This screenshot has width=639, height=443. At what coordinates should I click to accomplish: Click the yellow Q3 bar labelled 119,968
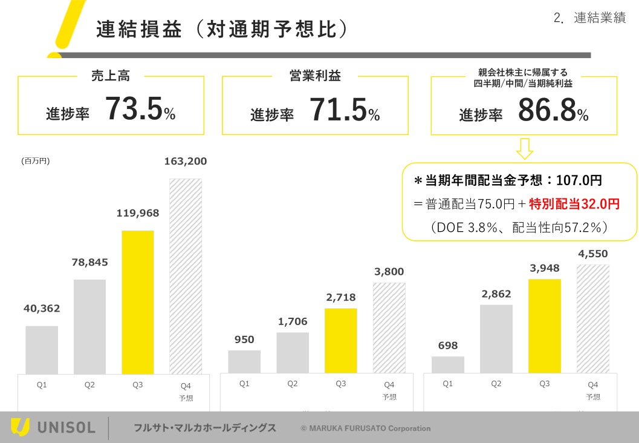[x=138, y=302]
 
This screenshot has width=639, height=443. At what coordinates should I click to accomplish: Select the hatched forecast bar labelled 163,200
[x=186, y=276]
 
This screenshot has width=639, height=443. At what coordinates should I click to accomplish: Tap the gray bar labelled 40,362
[x=42, y=350]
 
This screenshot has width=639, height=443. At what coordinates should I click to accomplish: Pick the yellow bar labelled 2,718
[x=341, y=341]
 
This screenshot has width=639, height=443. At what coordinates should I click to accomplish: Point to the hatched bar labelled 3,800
[x=389, y=327]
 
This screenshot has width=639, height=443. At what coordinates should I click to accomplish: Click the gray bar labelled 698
[x=448, y=365]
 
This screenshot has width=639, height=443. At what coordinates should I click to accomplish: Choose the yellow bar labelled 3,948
[x=544, y=326]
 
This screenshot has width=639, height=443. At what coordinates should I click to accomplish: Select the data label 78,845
[x=90, y=262]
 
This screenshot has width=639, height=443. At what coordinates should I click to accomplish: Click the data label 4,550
[x=592, y=254]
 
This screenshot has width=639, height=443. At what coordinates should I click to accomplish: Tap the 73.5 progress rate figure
[x=134, y=110]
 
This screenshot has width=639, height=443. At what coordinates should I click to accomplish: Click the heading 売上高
[x=111, y=76]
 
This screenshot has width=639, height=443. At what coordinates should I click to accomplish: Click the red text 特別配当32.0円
[x=574, y=204]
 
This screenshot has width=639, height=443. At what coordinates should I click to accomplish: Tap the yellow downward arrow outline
[x=524, y=148]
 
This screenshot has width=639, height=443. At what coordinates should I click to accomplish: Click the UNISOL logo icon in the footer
[x=20, y=427]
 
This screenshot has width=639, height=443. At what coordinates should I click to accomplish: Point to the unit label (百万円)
[x=35, y=161]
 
